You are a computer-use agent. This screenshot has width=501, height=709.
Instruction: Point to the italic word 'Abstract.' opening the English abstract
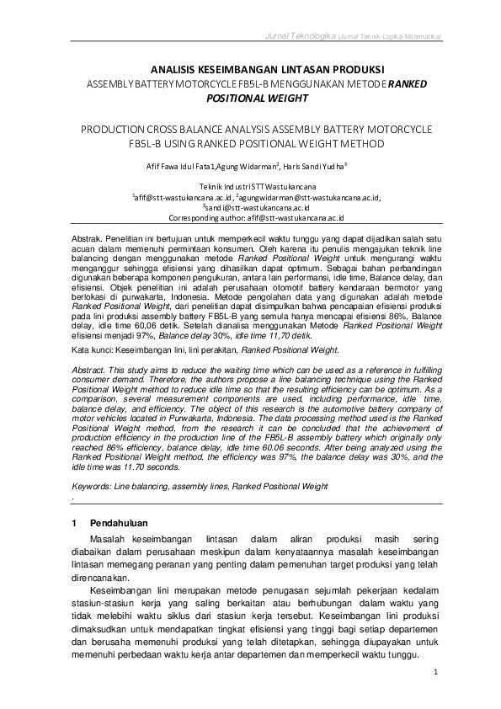pos(88,370)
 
